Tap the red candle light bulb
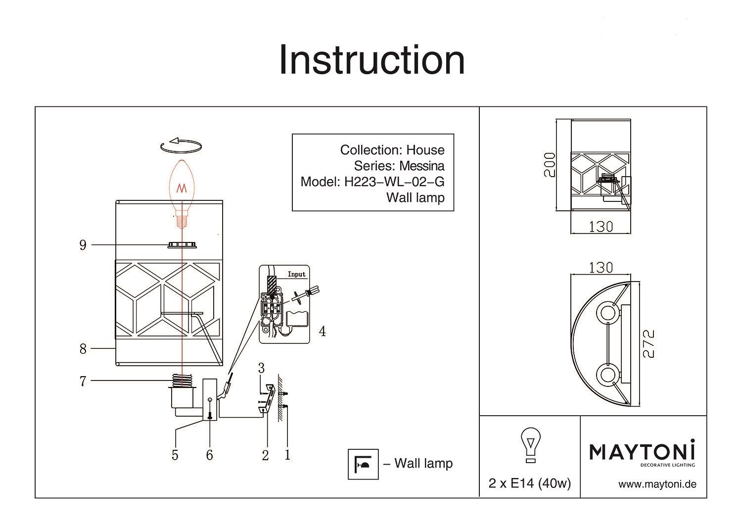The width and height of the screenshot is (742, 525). point(182,191)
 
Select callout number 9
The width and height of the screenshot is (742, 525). point(83,245)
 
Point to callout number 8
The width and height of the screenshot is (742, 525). point(83,349)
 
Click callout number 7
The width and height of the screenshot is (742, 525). point(83,381)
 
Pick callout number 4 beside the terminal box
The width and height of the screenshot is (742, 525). point(322,331)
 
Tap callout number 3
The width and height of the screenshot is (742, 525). point(261,368)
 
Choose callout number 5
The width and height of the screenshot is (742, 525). point(175,455)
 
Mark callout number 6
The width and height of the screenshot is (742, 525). point(209,455)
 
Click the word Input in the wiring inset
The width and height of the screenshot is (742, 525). point(297,274)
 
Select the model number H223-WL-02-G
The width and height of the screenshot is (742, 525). point(394,182)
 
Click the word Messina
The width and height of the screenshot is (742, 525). point(422,166)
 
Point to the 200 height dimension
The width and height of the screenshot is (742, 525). point(550,165)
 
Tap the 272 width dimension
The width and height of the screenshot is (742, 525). point(649,344)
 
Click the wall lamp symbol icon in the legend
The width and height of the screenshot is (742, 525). point(363,464)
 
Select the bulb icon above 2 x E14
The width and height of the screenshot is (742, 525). point(531,444)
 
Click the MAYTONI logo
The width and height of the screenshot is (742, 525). point(642,452)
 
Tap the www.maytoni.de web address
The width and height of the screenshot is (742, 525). point(657,484)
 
